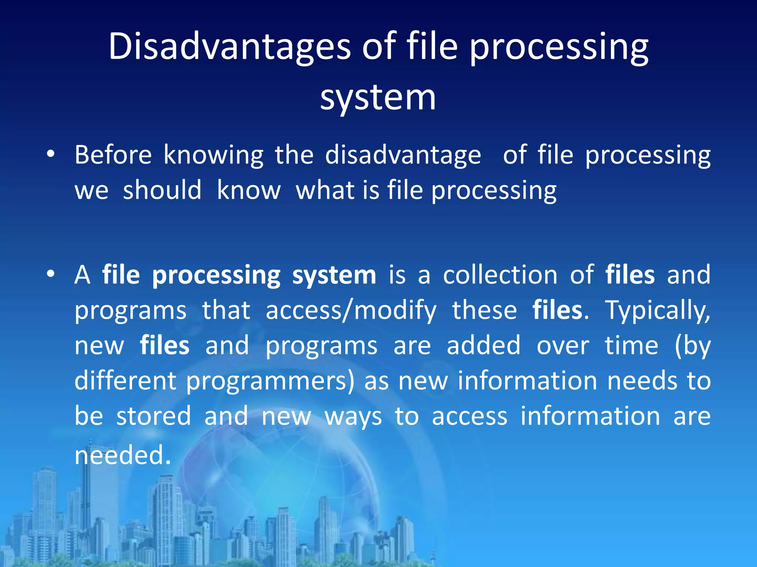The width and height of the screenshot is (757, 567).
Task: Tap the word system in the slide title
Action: [378, 98]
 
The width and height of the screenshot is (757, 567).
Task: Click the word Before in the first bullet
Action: [113, 155]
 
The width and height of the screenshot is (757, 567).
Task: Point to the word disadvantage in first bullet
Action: [403, 155]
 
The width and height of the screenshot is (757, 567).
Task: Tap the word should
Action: [162, 190]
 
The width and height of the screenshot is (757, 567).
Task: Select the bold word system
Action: [334, 275]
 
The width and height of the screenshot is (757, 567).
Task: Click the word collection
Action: [500, 275]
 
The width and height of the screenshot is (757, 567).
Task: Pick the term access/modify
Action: [351, 310]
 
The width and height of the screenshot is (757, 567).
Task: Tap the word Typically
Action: [658, 310]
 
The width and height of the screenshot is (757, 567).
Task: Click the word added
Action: [483, 346]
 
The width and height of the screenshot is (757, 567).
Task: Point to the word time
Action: [631, 346]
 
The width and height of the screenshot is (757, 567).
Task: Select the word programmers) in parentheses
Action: [270, 381]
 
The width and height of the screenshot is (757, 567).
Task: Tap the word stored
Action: [154, 416]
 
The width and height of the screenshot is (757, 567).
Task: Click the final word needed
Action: [122, 455]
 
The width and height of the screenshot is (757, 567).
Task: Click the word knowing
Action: [213, 155]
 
